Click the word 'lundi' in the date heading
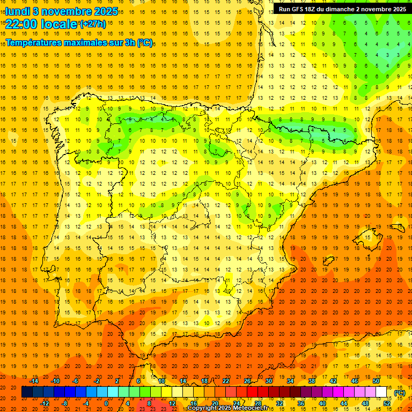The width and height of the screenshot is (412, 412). pos(17,11)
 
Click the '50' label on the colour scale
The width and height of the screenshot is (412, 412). pos(376,381)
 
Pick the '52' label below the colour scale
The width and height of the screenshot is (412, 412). pos(387,403)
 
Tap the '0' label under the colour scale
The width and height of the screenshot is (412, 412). pos(106,403)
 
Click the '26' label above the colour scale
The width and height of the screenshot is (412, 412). pos(247,381)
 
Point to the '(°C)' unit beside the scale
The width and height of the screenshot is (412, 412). pos(400,393)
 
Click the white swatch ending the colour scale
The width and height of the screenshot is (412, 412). pos(381,392)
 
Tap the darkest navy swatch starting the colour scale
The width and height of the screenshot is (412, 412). pos(27,392)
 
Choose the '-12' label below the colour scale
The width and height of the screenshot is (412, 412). pos(45,403)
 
